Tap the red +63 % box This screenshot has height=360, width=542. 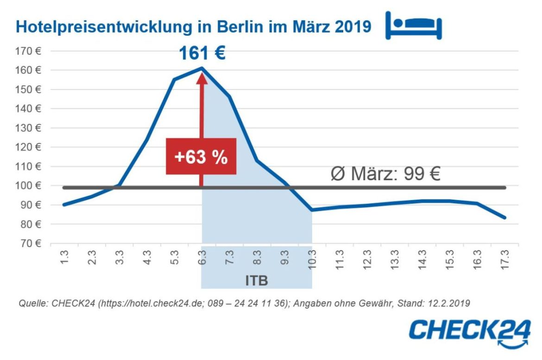[x=201, y=157]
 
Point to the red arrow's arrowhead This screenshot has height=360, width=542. [x=202, y=77]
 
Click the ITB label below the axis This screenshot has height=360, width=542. [x=256, y=281]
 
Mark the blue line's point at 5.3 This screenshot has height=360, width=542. [x=175, y=79]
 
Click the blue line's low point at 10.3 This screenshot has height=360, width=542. [x=312, y=210]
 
